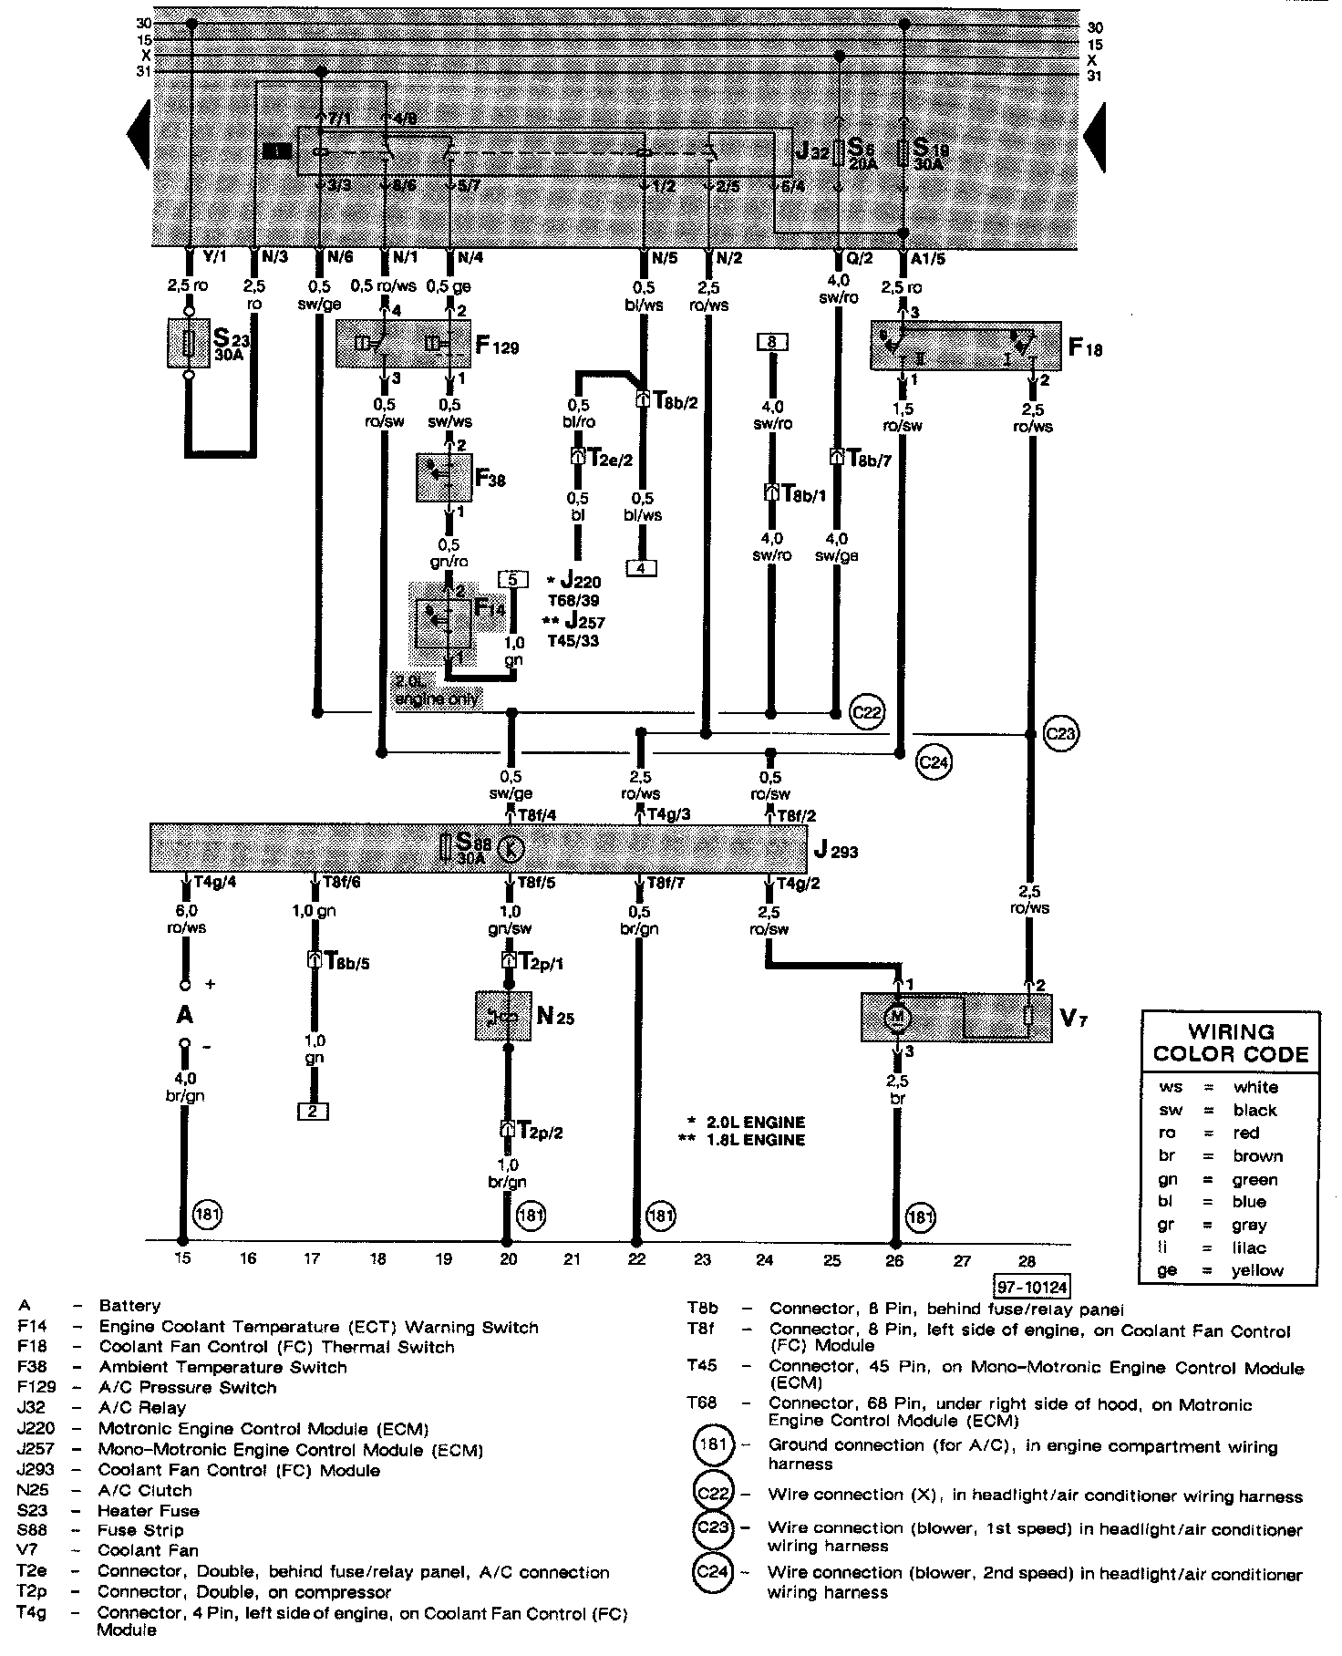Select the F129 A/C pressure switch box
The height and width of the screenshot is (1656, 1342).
[x=402, y=344]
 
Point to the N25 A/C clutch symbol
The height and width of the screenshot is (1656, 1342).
[x=502, y=1016]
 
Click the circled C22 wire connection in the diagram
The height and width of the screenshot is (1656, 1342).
[x=866, y=712]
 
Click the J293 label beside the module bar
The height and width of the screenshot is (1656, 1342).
[x=836, y=852]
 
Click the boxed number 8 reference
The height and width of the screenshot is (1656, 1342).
[x=772, y=343]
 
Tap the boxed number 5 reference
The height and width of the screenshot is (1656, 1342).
[x=512, y=579]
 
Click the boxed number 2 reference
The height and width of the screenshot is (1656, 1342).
[x=312, y=1111]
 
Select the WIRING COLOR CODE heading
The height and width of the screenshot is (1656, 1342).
[x=1231, y=1044]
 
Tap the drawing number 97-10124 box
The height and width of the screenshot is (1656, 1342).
[x=1032, y=1286]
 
